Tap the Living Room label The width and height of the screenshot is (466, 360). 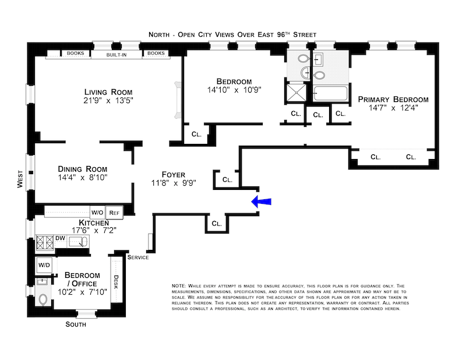[x=108, y=92]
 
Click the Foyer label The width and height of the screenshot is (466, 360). [x=174, y=174]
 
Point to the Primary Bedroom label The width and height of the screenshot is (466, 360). [x=393, y=99]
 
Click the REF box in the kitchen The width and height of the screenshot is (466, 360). [x=114, y=213]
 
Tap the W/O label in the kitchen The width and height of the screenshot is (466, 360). [x=97, y=213]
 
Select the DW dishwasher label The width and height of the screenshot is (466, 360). [x=61, y=238]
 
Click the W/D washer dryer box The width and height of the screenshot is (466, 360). [x=44, y=265]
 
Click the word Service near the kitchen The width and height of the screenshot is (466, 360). [x=138, y=257]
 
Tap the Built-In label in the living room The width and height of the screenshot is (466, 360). [x=116, y=54]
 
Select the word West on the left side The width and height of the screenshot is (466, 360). [x=20, y=178]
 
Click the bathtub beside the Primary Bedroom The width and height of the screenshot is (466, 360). [x=330, y=93]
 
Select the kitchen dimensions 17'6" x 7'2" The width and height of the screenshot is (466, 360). [x=94, y=230]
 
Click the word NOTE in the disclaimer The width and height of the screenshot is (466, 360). [x=178, y=286]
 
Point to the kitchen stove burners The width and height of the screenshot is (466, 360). [x=45, y=242]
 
